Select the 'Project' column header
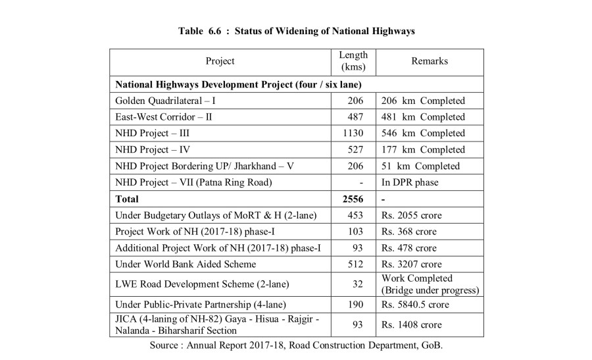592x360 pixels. (220, 61)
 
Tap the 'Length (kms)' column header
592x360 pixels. (353, 61)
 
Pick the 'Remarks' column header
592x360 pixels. (430, 61)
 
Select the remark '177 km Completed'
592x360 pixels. (423, 150)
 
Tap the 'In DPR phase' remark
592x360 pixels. (410, 182)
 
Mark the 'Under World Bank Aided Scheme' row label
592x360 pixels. (185, 264)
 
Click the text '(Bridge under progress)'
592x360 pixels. (430, 290)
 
